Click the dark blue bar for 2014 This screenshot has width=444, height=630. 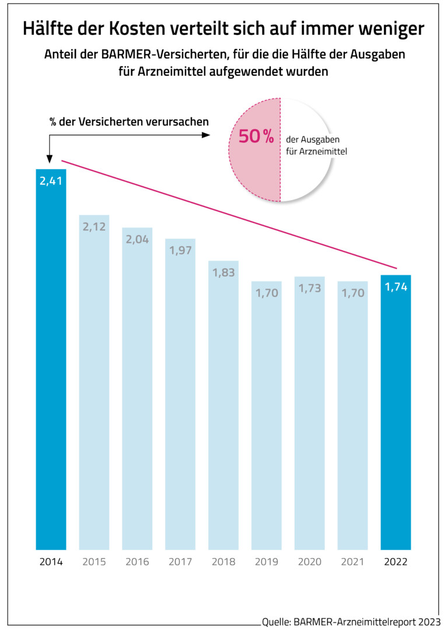pyautogui.click(x=51, y=362)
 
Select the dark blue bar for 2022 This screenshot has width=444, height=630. pyautogui.click(x=396, y=414)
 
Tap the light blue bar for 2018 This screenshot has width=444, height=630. pyautogui.click(x=223, y=408)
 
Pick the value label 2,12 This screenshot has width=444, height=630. pyautogui.click(x=94, y=227)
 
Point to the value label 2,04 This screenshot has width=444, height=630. pyautogui.click(x=137, y=240)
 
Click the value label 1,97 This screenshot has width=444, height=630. pyautogui.click(x=180, y=251)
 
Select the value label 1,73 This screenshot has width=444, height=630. pyautogui.click(x=309, y=289)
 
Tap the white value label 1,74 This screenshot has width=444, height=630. pyautogui.click(x=396, y=287)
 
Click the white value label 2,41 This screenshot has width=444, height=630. pyautogui.click(x=51, y=181)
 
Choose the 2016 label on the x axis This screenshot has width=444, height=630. pyautogui.click(x=137, y=562)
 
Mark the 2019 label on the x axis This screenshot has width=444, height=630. pyautogui.click(x=266, y=562)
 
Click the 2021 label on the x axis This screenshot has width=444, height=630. pyautogui.click(x=352, y=562)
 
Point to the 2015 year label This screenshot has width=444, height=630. pyautogui.click(x=94, y=562)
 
